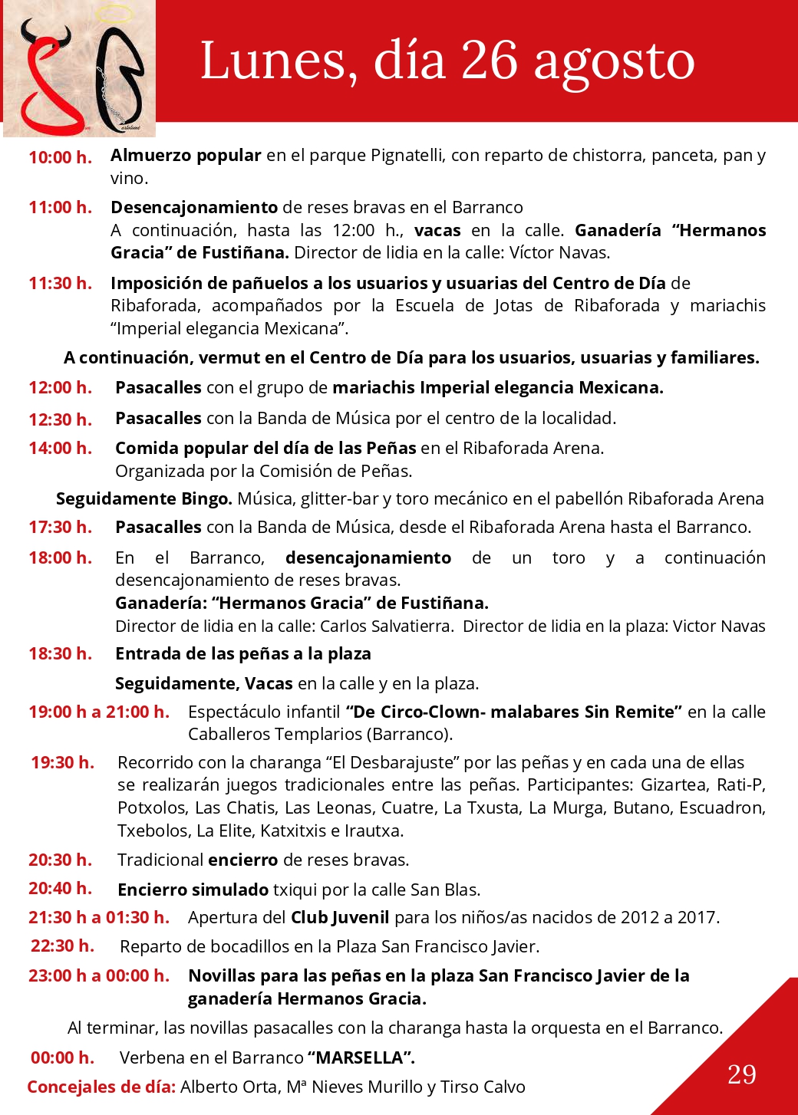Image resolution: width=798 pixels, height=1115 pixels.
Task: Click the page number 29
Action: (x=741, y=1074)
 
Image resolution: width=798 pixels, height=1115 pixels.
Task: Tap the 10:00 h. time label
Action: (x=60, y=157)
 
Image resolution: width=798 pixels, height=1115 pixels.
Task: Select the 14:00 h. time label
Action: (x=60, y=448)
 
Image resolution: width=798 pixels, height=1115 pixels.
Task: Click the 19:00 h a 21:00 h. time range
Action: (x=99, y=712)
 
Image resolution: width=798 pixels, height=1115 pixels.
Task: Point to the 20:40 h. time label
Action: (x=60, y=888)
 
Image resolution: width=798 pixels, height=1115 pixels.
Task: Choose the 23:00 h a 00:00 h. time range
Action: (x=99, y=975)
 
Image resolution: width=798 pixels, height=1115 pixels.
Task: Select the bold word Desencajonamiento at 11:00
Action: (x=194, y=207)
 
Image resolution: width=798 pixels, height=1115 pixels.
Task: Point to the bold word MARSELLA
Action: (x=360, y=1057)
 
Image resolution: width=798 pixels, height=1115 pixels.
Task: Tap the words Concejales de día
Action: (x=101, y=1087)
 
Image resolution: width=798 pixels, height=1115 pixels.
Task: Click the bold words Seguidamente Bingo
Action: (x=143, y=498)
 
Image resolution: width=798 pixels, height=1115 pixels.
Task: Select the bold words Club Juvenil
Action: (x=340, y=917)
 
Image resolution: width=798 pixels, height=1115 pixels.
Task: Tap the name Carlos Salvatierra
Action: (x=386, y=626)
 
